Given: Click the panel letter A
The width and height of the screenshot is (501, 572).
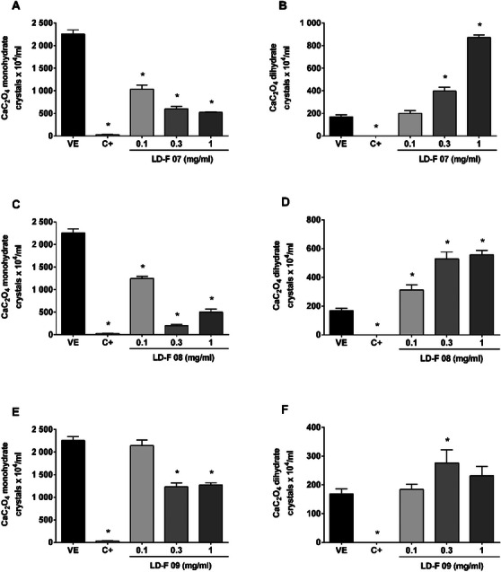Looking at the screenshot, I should (7, 8).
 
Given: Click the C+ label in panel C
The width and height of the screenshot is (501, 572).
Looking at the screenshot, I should (107, 346).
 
